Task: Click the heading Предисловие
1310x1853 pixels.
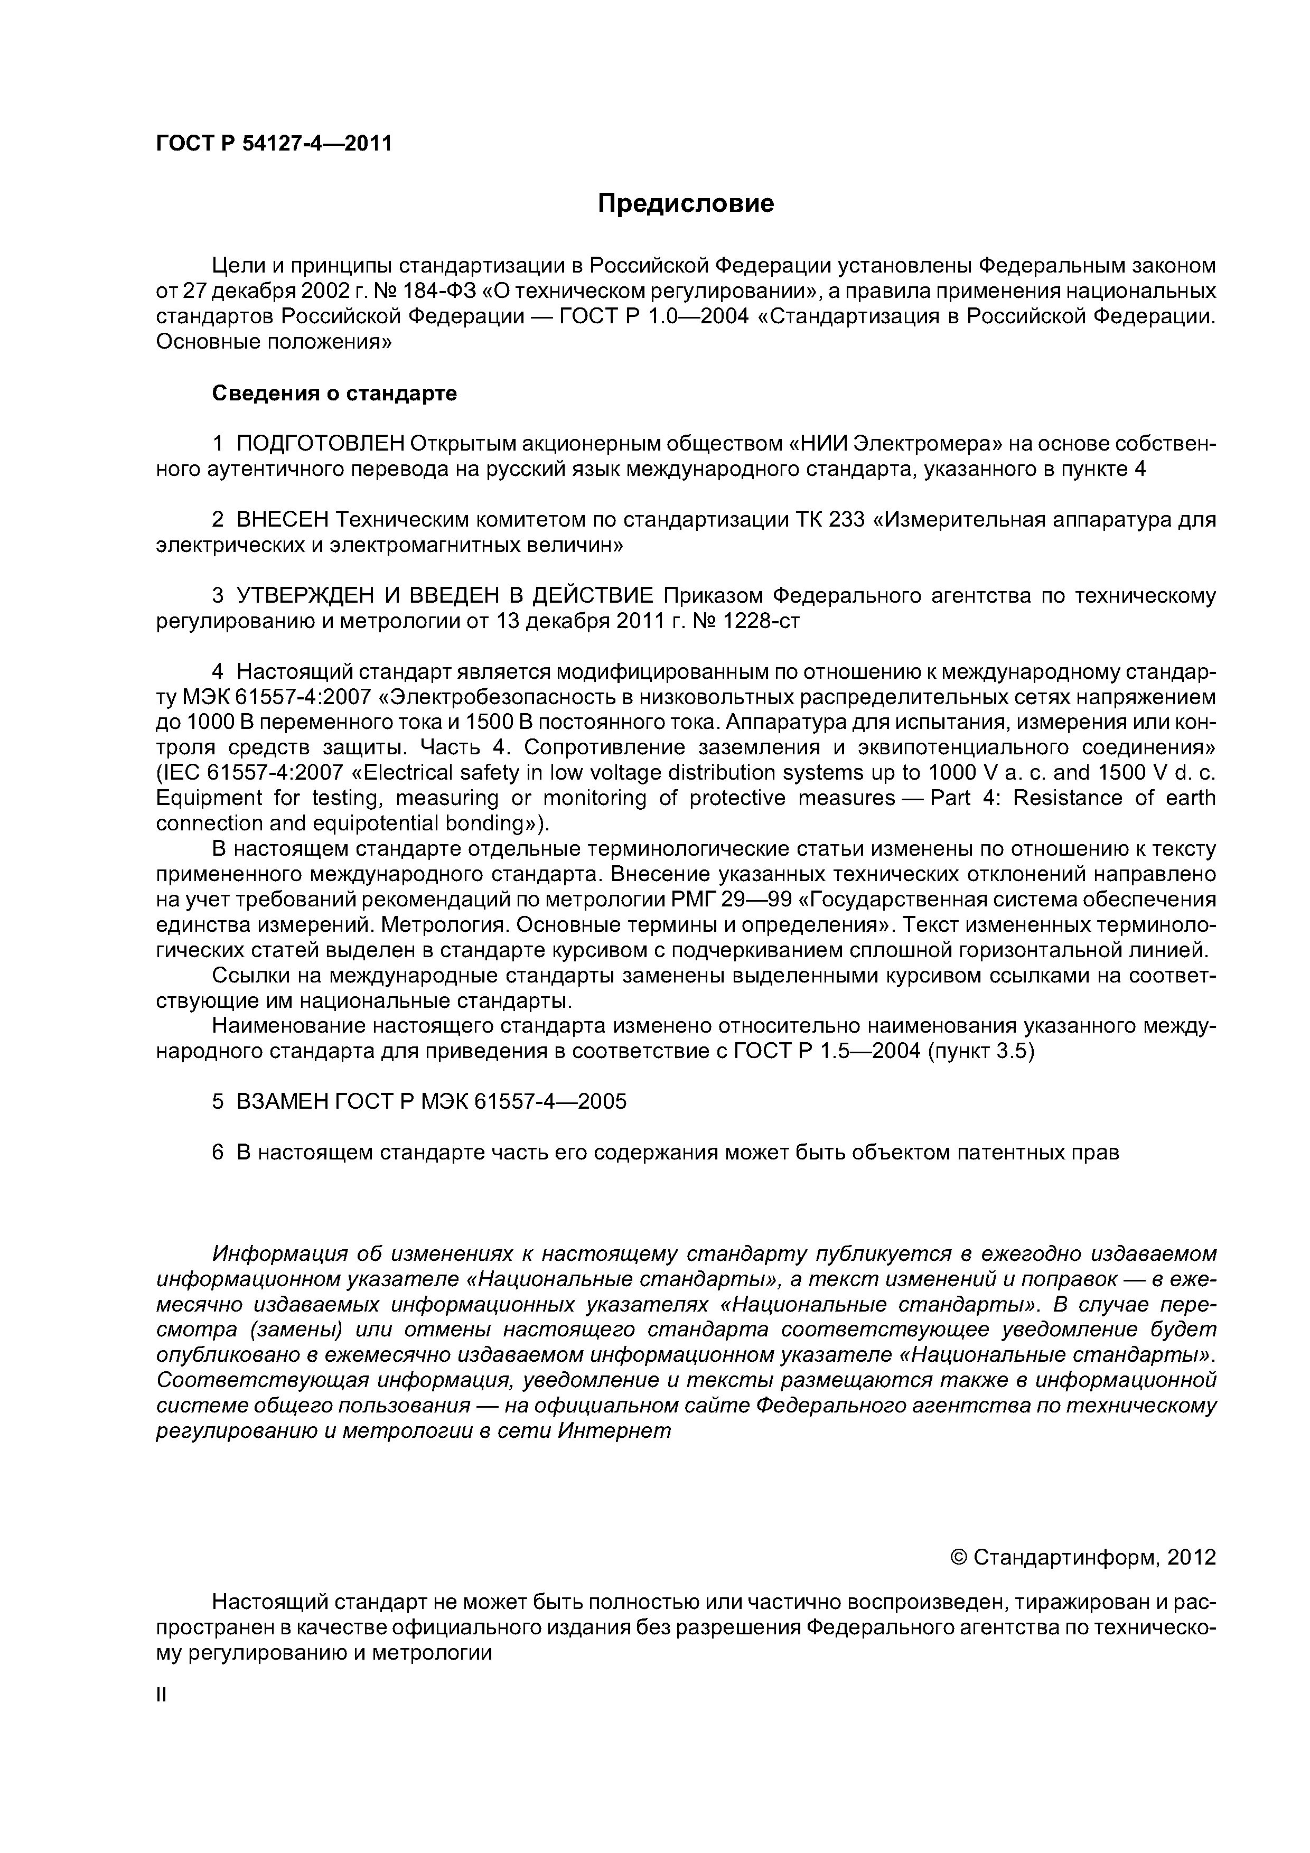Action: [685, 203]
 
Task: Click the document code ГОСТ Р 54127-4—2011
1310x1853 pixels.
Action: [274, 144]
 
